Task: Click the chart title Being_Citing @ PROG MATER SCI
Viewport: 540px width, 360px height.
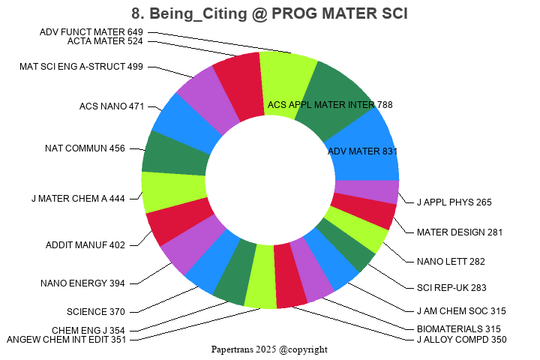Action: pos(269,13)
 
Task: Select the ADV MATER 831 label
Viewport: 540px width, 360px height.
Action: pos(362,151)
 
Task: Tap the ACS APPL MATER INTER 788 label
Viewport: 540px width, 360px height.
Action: pos(330,105)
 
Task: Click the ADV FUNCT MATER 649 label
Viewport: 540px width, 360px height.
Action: pos(91,31)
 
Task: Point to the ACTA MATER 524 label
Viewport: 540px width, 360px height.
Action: pos(105,41)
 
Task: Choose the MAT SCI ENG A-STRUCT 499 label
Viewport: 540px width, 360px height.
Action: pos(81,67)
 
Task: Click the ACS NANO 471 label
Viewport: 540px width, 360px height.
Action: pos(111,106)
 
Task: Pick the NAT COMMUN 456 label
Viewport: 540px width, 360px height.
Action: pos(85,148)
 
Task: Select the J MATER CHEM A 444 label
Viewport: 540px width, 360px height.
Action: pos(78,199)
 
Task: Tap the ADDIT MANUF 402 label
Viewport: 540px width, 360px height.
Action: pos(85,244)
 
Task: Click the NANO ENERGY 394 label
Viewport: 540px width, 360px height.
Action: pos(82,283)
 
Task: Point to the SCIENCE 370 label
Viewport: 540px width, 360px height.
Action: pos(95,311)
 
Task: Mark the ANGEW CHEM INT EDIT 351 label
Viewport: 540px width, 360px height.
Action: pos(67,340)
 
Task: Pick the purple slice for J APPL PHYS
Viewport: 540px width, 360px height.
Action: pos(366,192)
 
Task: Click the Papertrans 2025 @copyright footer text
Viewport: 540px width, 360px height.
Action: pos(269,349)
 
